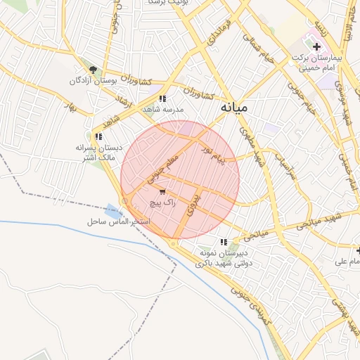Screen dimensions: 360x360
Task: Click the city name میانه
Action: (234, 108)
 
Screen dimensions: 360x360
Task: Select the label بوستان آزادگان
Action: (91, 82)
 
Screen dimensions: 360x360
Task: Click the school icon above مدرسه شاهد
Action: (163, 99)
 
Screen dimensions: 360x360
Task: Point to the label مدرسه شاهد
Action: (163, 110)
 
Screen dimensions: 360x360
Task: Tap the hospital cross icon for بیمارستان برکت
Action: (317, 46)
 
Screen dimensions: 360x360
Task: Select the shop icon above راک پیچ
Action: (163, 191)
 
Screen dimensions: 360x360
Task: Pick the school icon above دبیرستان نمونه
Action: (224, 242)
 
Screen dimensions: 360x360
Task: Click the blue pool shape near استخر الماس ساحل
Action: (113, 210)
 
